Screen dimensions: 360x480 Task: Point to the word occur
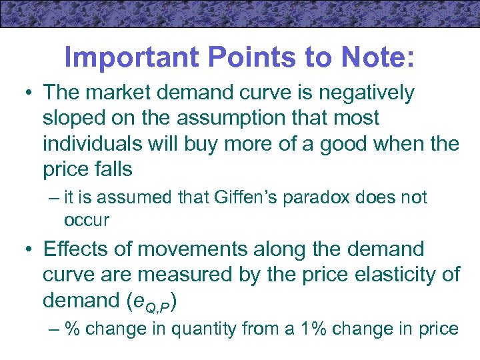point(87,219)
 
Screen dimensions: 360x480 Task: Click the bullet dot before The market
point(27,94)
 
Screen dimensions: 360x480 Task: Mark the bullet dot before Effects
point(27,250)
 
